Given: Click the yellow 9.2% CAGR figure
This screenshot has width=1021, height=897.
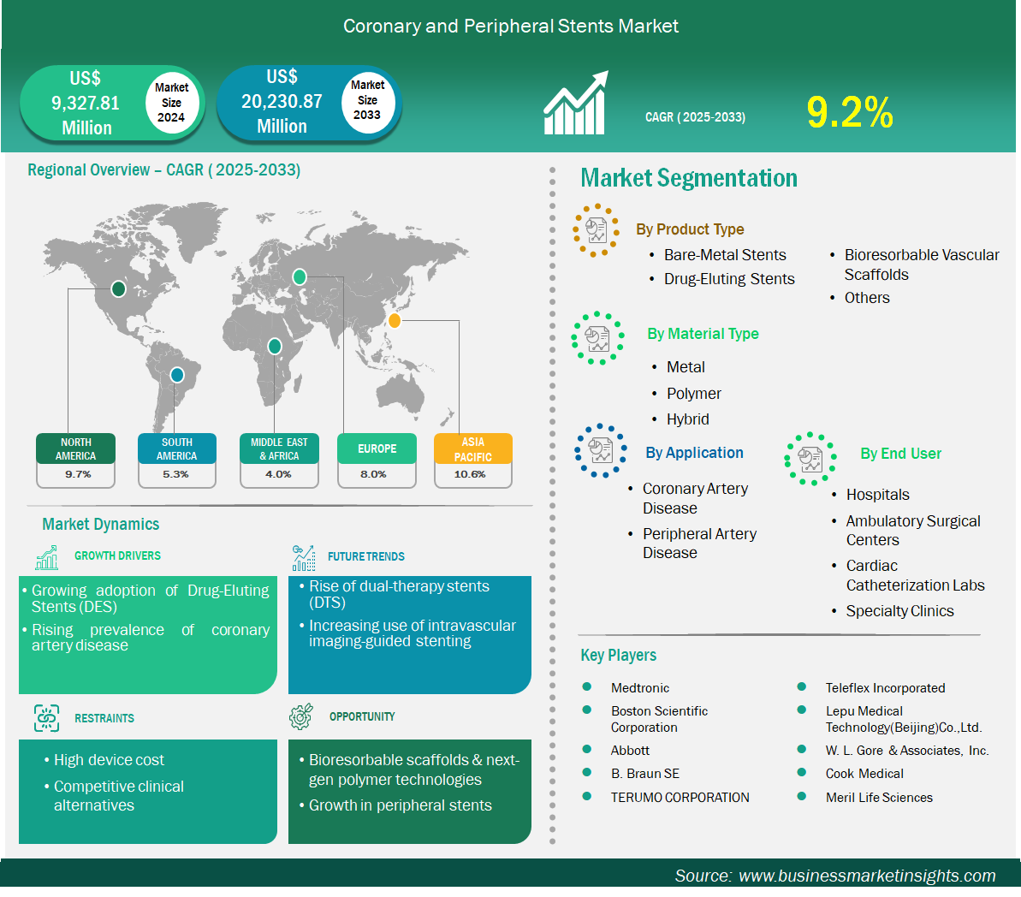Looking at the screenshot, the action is pyautogui.click(x=850, y=112).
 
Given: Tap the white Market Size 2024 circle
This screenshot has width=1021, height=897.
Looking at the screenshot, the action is pyautogui.click(x=171, y=102).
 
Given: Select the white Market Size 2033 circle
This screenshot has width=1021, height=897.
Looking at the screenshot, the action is pyautogui.click(x=368, y=102).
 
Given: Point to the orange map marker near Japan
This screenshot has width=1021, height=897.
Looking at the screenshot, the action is pyautogui.click(x=394, y=320).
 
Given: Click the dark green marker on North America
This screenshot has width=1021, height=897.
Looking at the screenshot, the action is pyautogui.click(x=118, y=288).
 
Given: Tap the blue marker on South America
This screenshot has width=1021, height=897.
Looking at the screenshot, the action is pyautogui.click(x=176, y=375).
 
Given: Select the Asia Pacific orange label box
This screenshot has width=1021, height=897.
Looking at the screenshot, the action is pyautogui.click(x=472, y=448).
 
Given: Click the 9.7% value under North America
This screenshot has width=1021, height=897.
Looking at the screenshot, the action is pyautogui.click(x=78, y=474).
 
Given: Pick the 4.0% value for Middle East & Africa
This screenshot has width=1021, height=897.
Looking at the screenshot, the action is pyautogui.click(x=278, y=474).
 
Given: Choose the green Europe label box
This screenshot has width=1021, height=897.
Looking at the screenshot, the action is pyautogui.click(x=377, y=448).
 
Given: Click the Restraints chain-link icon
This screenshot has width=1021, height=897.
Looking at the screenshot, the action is pyautogui.click(x=46, y=718).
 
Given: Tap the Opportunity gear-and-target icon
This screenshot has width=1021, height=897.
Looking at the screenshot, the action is pyautogui.click(x=301, y=716).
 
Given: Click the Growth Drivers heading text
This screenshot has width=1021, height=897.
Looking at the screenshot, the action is pyautogui.click(x=117, y=555).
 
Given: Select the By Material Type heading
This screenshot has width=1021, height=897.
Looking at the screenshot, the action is pyautogui.click(x=703, y=334).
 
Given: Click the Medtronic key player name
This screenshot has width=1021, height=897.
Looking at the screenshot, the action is pyautogui.click(x=639, y=688).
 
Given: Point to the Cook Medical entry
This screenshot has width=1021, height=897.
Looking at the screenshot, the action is pyautogui.click(x=864, y=773).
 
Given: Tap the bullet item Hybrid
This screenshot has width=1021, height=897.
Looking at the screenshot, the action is pyautogui.click(x=687, y=419).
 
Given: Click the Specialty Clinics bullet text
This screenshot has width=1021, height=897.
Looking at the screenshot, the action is pyautogui.click(x=899, y=611).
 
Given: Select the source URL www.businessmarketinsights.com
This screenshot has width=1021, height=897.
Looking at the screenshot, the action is pyautogui.click(x=867, y=876).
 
